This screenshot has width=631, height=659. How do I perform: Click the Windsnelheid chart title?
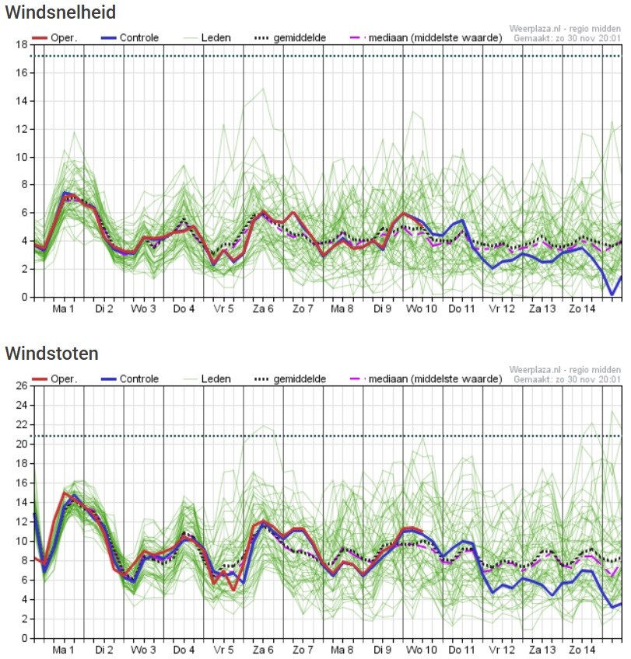[61, 12]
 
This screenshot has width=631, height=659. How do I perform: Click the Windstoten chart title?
[52, 354]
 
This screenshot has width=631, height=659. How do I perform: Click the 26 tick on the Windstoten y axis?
[22, 386]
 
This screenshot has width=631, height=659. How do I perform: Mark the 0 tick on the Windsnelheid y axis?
[25, 297]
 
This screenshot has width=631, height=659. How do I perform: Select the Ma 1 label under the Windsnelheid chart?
[63, 309]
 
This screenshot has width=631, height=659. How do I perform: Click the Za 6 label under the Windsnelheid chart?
[263, 309]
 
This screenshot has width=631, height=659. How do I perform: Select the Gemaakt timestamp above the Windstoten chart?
[566, 378]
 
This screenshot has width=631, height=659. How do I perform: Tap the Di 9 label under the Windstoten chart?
[383, 650]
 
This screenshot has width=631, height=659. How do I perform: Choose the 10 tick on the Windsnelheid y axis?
[22, 157]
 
